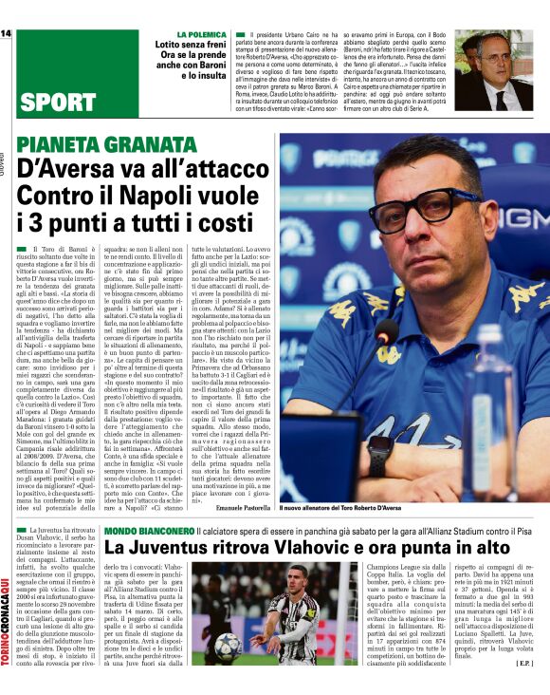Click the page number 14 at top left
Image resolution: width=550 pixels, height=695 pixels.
click(6, 35)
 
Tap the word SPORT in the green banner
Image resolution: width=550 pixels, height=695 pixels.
click(56, 103)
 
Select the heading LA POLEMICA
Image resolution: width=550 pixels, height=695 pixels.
click(191, 37)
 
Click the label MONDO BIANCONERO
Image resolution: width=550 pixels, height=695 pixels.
click(142, 530)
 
